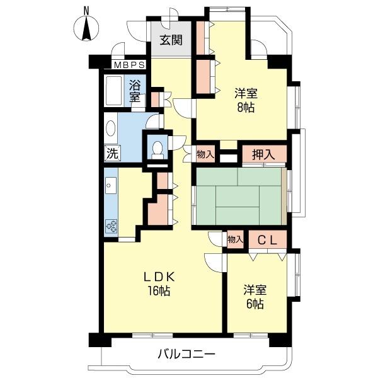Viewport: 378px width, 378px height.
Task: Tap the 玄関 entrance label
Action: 171,41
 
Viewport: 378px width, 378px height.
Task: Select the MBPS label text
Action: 130,65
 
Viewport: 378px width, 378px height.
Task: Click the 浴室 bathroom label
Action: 135,91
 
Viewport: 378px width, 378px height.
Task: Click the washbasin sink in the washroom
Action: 111,130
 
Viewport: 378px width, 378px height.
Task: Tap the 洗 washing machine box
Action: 112,153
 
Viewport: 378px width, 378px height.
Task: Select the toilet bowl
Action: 157,149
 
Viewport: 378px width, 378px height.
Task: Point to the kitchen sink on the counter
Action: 111,186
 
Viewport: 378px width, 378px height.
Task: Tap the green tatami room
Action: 238,195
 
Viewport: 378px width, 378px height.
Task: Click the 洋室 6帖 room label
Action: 256,297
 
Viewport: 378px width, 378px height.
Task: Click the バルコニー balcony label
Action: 186,354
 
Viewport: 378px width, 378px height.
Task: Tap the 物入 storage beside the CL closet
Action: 234,239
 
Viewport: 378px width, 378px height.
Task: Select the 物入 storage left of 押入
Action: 205,154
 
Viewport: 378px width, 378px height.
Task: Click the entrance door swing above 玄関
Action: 169,18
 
